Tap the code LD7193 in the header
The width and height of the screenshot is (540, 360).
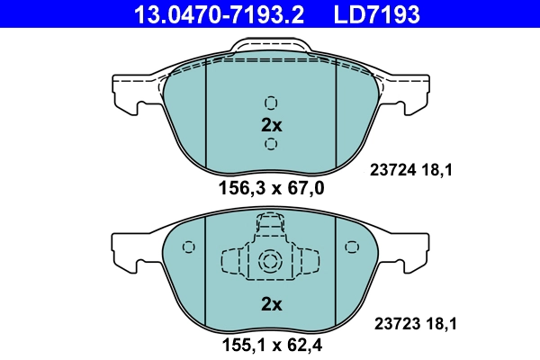click(379, 15)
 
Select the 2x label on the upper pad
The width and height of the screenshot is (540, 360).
click(271, 124)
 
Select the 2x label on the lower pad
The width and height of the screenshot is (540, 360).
click(271, 304)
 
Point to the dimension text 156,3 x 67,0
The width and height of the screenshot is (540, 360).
click(271, 188)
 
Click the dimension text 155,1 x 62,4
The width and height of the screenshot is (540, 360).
click(271, 344)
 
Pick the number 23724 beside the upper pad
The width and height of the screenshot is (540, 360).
click(394, 166)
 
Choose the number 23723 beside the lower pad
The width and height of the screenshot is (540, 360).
click(394, 321)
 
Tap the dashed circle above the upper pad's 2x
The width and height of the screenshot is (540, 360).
click(271, 102)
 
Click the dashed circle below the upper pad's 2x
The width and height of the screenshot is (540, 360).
click(271, 145)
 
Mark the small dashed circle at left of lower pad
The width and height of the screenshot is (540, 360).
click(188, 247)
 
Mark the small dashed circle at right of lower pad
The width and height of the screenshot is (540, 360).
click(353, 247)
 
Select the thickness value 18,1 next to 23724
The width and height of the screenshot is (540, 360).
click(435, 166)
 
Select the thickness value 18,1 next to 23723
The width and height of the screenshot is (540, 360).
click(435, 321)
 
